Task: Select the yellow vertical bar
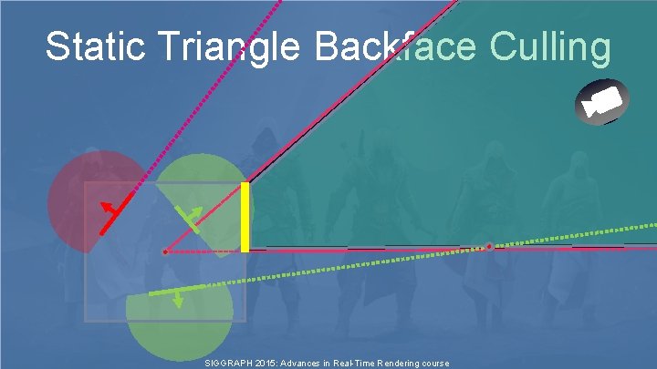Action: (x=245, y=217)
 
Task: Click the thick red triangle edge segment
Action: (x=117, y=214)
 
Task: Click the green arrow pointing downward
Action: (x=178, y=299)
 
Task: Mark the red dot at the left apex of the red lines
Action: (x=164, y=251)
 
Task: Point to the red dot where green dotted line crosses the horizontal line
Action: (x=489, y=246)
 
